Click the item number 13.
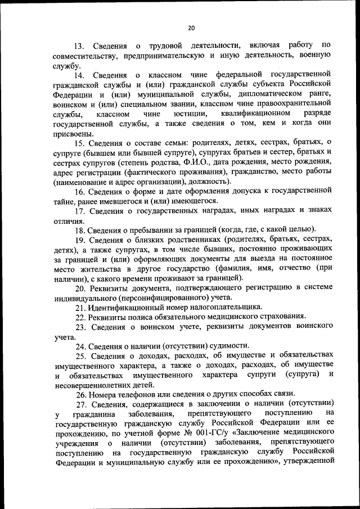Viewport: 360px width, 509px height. point(79,44)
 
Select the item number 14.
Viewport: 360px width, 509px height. point(79,74)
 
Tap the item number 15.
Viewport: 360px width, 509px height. point(79,142)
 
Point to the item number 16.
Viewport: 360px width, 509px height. point(79,191)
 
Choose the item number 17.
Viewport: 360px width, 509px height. point(79,210)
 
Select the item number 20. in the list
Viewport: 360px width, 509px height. point(79,288)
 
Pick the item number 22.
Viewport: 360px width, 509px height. point(79,318)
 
